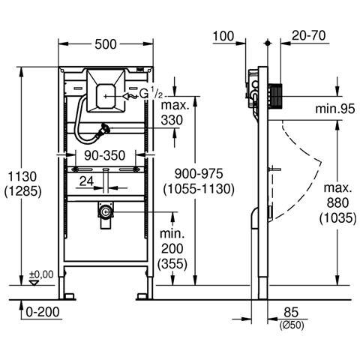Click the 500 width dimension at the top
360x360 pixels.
pos(106,44)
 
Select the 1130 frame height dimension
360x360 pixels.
pos(22,176)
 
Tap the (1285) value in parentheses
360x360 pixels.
pos(22,191)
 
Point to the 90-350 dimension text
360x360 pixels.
pos(104,155)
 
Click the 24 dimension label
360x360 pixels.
pos(86,181)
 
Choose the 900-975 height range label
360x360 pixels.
pos(199,173)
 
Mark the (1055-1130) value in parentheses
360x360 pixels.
pos(199,189)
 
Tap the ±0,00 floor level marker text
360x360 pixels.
pos(41,274)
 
